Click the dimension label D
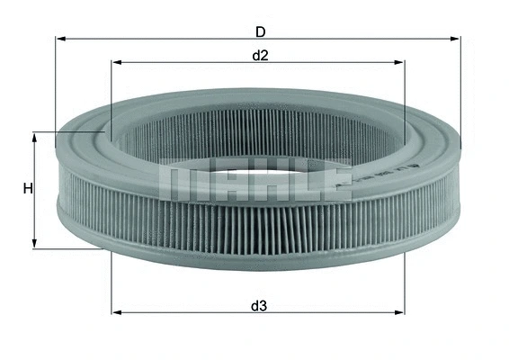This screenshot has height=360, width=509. [x=260, y=31]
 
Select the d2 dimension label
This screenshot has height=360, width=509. [x=260, y=56]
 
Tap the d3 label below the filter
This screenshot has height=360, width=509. [x=259, y=306]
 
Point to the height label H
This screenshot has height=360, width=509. [x=28, y=189]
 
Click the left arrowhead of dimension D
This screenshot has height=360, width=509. [x=60, y=39]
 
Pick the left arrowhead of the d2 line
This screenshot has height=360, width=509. [x=116, y=62]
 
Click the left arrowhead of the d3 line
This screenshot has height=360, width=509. [x=116, y=313]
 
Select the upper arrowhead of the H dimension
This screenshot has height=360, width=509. [x=35, y=136]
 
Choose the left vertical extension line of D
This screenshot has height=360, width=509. [x=56, y=90]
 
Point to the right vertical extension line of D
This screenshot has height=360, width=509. [x=460, y=90]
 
